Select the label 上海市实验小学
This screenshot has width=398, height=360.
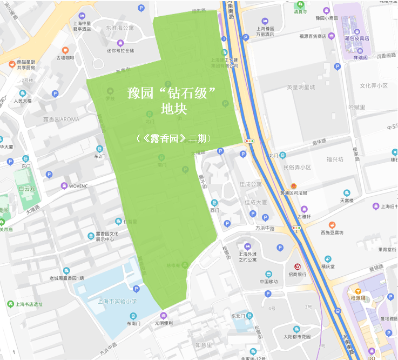click(117, 302)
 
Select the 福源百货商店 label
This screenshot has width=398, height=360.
click(316, 36)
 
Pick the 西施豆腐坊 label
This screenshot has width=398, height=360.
click(332, 232)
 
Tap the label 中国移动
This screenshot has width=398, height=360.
click(268, 282)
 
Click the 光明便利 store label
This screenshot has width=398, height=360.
click(164, 323)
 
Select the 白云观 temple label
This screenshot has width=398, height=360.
click(26, 189)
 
